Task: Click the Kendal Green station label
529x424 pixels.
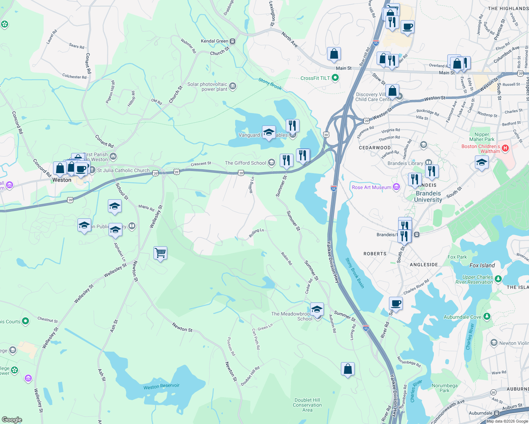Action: pyautogui.click(x=215, y=41)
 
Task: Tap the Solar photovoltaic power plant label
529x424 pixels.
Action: pyautogui.click(x=207, y=87)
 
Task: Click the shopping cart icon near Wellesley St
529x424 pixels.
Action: pyautogui.click(x=161, y=253)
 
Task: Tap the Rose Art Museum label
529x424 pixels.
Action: pyautogui.click(x=371, y=187)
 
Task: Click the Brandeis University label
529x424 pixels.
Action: pyautogui.click(x=428, y=196)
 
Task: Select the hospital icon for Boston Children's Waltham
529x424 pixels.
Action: pyautogui.click(x=505, y=148)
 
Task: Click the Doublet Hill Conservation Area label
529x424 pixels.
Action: pyautogui.click(x=307, y=405)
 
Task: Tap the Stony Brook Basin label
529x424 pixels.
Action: pyautogui.click(x=355, y=273)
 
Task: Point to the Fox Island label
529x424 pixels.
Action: pyautogui.click(x=482, y=265)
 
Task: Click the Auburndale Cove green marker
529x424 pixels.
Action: pyautogui.click(x=487, y=316)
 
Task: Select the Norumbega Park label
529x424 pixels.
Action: pyautogui.click(x=444, y=388)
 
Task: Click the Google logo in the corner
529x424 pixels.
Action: pyautogui.click(x=12, y=419)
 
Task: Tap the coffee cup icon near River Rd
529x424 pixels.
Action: pyautogui.click(x=396, y=304)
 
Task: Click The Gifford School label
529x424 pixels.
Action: pyautogui.click(x=245, y=163)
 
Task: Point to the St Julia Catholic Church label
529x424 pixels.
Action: pyautogui.click(x=123, y=170)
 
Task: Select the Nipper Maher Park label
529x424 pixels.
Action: pyautogui.click(x=482, y=137)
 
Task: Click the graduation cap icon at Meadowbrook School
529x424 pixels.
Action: pyautogui.click(x=317, y=309)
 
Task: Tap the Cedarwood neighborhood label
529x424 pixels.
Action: pyautogui.click(x=374, y=148)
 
